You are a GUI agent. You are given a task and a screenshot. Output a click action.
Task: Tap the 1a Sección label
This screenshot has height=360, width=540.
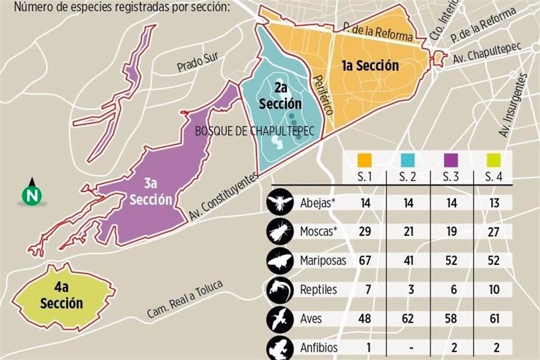coord(370,66)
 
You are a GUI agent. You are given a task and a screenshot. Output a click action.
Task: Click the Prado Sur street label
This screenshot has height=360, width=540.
coord(197,63)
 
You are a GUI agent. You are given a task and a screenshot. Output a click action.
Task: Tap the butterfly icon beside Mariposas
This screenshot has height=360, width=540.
coord(280,260)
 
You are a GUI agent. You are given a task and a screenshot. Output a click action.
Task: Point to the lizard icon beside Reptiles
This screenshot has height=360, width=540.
coord(280,290)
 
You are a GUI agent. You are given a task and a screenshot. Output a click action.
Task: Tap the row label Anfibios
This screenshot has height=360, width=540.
coord(318,348)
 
